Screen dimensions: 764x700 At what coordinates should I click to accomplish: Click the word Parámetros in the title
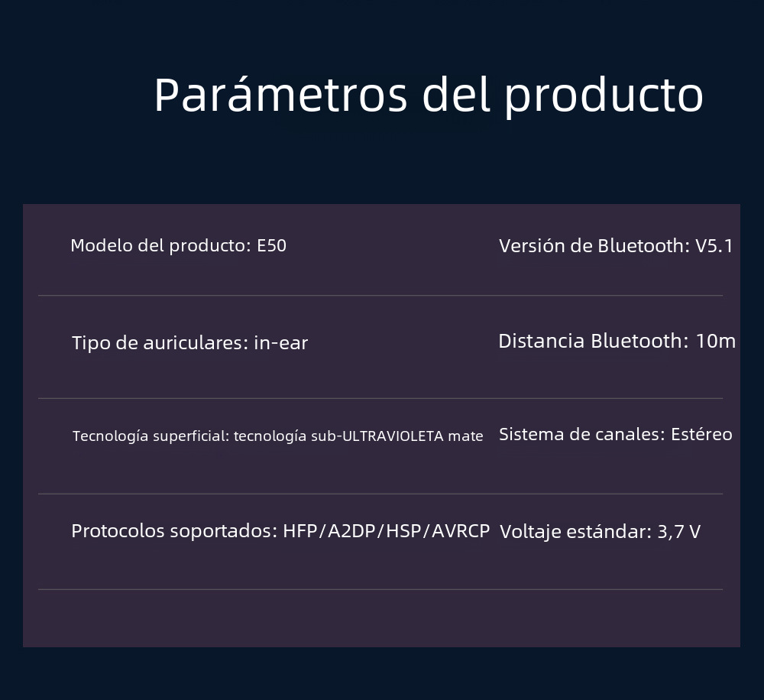tap(280, 95)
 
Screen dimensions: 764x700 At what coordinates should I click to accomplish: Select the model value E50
tap(271, 245)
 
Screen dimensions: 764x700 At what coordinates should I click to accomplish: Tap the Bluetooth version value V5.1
tap(714, 245)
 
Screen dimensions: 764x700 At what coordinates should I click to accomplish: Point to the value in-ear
tap(280, 342)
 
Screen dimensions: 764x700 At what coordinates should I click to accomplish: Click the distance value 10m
tap(715, 342)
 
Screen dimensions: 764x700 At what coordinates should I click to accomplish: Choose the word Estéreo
tap(701, 434)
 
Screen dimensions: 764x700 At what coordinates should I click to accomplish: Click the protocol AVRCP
tap(461, 531)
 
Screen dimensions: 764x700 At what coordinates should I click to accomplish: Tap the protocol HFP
tap(299, 531)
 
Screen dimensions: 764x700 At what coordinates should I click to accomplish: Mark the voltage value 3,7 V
tap(678, 531)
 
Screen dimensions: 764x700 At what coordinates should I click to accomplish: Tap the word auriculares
tap(196, 342)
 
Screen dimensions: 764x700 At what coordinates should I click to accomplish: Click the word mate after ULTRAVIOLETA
tap(465, 436)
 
